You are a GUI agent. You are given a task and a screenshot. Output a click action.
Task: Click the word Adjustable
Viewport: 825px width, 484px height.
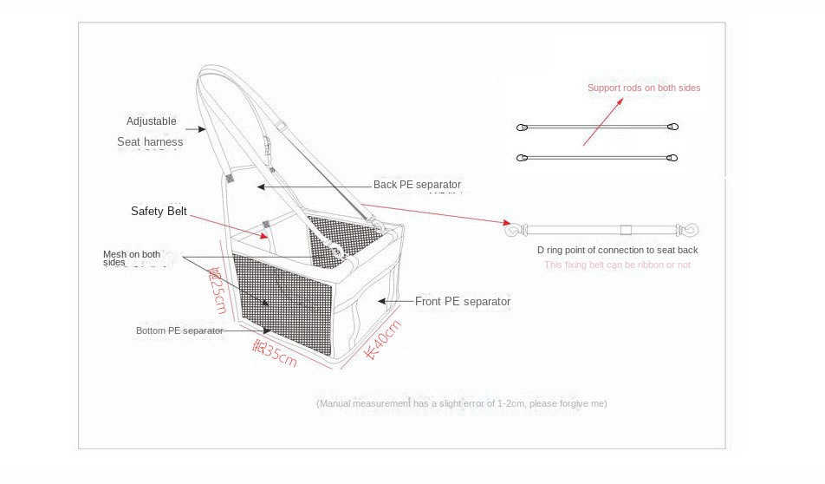click(x=151, y=121)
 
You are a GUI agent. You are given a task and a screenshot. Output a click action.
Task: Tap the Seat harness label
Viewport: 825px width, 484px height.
click(x=150, y=141)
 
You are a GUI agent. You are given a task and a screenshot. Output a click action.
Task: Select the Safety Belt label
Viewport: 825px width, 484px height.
click(x=159, y=211)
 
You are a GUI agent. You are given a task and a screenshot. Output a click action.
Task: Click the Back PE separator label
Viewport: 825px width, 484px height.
click(x=417, y=185)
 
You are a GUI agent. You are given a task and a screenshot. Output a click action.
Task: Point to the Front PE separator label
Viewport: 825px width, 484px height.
click(x=463, y=302)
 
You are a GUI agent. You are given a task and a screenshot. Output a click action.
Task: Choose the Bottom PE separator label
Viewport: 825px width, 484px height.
click(x=179, y=330)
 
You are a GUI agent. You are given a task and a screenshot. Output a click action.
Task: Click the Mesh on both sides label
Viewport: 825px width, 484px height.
click(x=132, y=258)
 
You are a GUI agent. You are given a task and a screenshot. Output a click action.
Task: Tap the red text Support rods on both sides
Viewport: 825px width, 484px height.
click(x=644, y=88)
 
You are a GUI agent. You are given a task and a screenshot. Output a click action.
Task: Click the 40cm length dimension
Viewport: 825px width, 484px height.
click(x=382, y=339)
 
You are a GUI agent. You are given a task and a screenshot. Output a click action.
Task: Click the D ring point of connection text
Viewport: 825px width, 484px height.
click(x=617, y=250)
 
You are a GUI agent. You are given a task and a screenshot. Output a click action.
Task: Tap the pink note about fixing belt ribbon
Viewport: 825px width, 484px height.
click(x=617, y=265)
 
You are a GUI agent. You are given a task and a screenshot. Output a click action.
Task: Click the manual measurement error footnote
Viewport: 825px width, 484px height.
click(x=462, y=403)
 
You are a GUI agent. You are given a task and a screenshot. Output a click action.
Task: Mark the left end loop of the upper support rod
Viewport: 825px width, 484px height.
click(x=522, y=128)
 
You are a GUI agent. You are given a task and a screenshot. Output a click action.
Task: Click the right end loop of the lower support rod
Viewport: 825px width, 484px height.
click(x=672, y=158)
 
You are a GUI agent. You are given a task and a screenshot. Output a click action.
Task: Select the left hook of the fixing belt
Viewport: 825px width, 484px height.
click(x=512, y=230)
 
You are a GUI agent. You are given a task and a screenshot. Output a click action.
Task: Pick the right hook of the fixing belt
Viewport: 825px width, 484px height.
click(x=691, y=230)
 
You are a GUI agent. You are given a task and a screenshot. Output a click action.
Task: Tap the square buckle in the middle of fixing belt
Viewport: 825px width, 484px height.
click(x=624, y=230)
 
